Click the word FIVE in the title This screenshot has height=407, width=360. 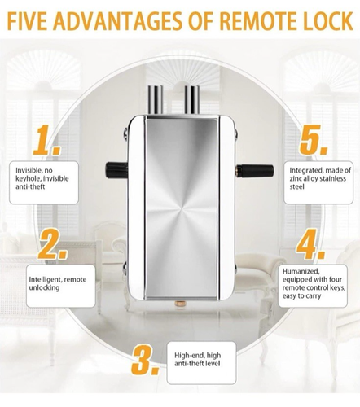click(26, 20)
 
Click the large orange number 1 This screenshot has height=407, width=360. click(46, 140)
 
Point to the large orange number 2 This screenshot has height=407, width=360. click(52, 244)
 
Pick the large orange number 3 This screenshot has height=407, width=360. click(145, 360)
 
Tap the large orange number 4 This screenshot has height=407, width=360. click(310, 244)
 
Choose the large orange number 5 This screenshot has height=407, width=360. click(314, 140)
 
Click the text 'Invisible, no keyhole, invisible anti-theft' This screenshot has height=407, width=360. click(42, 178)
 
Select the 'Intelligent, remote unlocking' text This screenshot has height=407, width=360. click(58, 283)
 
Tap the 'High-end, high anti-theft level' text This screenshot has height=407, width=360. click(197, 359)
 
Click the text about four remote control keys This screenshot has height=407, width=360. click(314, 283)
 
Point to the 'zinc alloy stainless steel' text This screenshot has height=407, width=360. click(320, 178)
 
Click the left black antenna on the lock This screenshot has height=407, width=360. click(116, 170)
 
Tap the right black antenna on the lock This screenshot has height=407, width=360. click(255, 170)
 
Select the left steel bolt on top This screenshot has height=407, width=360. click(155, 100)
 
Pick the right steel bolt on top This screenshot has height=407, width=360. click(192, 100)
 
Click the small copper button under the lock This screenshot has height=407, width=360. click(178, 302)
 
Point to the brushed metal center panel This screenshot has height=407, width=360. click(182, 208)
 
